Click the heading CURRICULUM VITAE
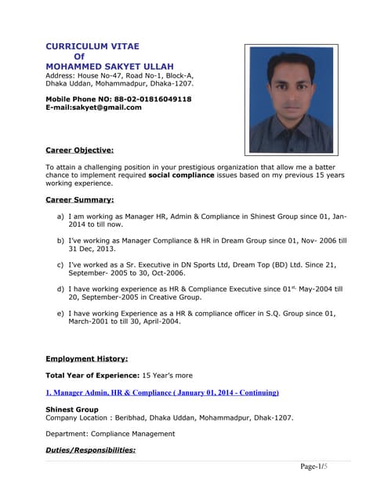point(92,46)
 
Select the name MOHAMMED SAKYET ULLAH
point(109,65)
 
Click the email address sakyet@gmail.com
point(107,107)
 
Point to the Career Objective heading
point(79,149)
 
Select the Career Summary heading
point(79,200)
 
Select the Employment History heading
point(86,358)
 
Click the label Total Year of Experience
point(92,376)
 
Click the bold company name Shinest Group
point(72,409)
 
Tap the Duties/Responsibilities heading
point(90,450)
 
